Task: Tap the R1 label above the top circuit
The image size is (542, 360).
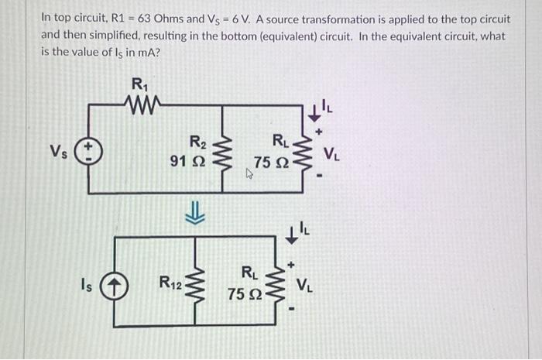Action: coord(139,84)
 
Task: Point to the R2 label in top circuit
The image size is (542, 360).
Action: coord(197,142)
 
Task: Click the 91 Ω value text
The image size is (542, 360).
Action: coord(187,162)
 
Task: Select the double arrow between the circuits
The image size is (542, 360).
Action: coord(199,213)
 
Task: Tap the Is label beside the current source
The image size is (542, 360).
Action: coord(92,283)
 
